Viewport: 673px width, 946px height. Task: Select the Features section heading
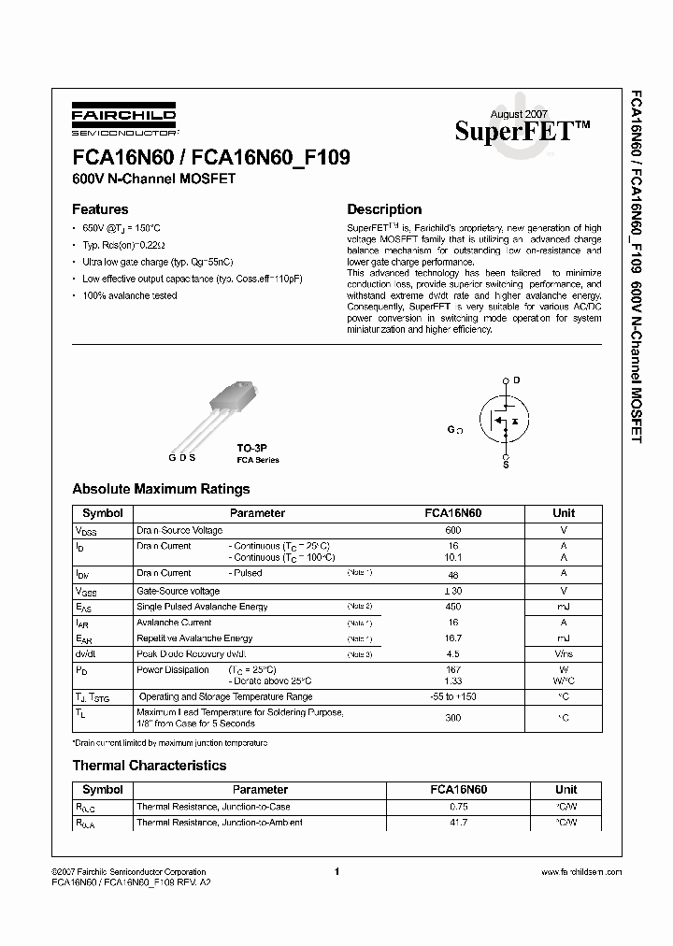(100, 209)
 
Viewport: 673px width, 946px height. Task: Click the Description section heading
(384, 209)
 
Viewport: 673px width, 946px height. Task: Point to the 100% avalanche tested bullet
(129, 295)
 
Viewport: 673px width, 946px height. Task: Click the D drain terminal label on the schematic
(516, 380)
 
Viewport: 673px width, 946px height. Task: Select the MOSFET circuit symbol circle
(505, 421)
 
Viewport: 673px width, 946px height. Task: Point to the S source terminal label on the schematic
(506, 465)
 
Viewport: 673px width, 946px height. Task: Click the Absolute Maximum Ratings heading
(161, 489)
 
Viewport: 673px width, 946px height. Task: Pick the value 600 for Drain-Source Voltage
(453, 530)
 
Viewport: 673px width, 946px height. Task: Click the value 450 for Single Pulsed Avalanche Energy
(453, 607)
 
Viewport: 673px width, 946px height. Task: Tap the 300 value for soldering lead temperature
(453, 718)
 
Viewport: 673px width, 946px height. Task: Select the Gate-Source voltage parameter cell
(179, 591)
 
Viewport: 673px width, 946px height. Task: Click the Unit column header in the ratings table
(564, 513)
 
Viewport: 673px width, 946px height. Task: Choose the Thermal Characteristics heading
(150, 766)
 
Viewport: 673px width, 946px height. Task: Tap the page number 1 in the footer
(335, 871)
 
